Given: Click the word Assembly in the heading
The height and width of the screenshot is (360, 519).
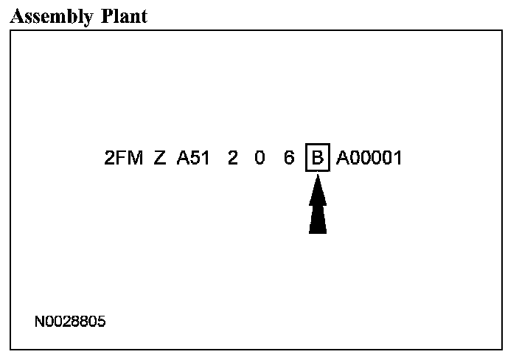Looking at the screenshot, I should (x=49, y=16).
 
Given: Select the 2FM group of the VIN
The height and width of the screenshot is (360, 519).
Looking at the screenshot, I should (x=123, y=158).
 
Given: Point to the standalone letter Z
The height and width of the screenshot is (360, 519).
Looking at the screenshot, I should (x=160, y=158).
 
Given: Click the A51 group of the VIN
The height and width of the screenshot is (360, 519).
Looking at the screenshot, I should (x=193, y=158).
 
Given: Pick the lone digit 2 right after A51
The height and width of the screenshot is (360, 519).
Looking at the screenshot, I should (x=233, y=158).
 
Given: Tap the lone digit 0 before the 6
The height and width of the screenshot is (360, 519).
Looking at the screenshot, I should (x=259, y=158).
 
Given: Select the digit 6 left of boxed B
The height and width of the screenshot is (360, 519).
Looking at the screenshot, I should (x=289, y=158).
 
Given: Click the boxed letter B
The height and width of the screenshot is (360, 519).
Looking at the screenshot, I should (x=317, y=158).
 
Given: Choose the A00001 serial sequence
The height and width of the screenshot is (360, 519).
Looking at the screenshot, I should (x=369, y=158).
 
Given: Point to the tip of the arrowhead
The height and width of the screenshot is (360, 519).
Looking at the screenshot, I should (x=317, y=177).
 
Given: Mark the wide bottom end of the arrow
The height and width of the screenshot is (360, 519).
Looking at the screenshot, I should (x=317, y=230).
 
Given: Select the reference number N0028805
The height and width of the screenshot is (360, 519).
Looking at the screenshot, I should (x=71, y=322).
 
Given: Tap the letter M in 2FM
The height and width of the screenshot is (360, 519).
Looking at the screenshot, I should (x=134, y=158).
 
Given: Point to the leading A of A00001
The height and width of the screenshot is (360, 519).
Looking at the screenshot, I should (x=343, y=158).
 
